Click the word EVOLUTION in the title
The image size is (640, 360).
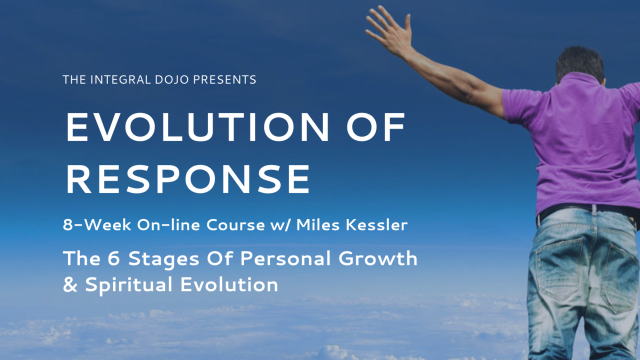pyautogui.click(x=197, y=127)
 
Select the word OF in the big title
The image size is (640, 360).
pyautogui.click(x=376, y=127)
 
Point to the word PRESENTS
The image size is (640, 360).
pyautogui.click(x=225, y=79)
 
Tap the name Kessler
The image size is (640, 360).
pyautogui.click(x=376, y=225)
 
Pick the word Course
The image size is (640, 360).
pyautogui.click(x=235, y=225)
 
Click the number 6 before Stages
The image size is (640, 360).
pyautogui.click(x=113, y=258)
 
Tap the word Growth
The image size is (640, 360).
pyautogui.click(x=377, y=258)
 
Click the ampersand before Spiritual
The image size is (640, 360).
pyautogui.click(x=70, y=284)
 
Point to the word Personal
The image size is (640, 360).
pyautogui.click(x=285, y=258)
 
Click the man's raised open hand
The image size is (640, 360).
pyautogui.click(x=390, y=30)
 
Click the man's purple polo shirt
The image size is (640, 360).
pyautogui.click(x=580, y=143)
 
